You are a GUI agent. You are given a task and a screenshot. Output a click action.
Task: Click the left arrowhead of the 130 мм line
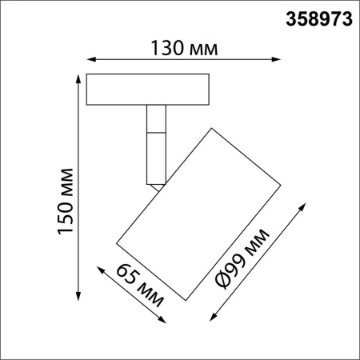[89, 58]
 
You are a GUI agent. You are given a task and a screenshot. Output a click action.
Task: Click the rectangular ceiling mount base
[149, 89]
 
